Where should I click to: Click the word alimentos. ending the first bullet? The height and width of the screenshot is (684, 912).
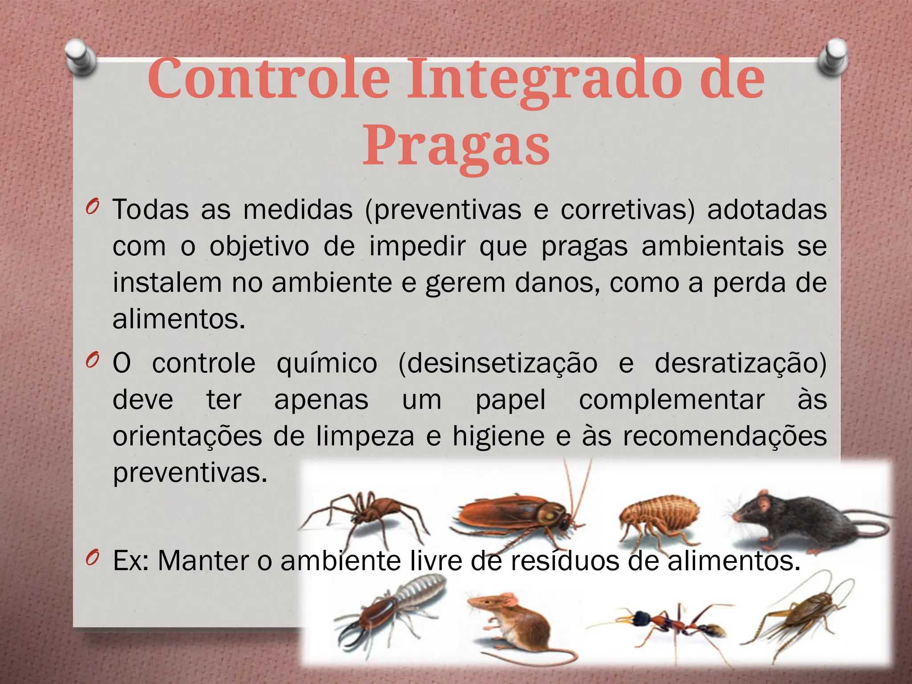coord(179,319)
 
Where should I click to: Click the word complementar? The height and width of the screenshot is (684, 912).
coord(672,399)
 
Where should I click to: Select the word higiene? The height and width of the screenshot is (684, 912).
coord(498,436)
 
